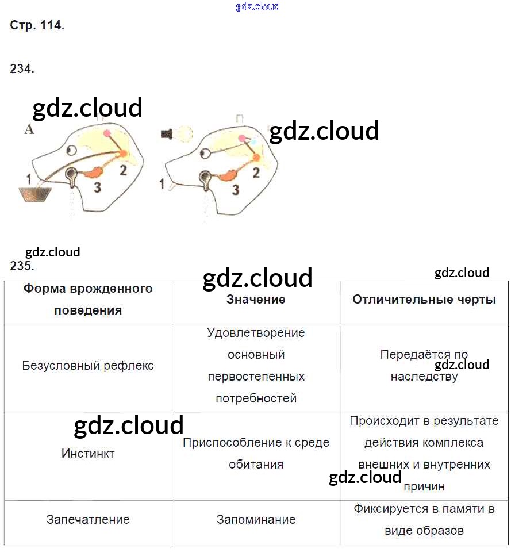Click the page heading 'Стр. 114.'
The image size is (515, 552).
[37, 26]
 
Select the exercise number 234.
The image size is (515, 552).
[22, 69]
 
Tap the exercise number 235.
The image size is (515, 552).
[22, 266]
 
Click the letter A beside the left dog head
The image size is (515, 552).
[29, 130]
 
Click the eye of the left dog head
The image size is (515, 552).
[71, 151]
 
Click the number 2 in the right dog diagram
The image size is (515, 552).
[256, 171]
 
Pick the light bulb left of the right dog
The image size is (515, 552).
[184, 134]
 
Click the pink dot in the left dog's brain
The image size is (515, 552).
[107, 133]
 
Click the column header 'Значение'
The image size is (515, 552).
[256, 299]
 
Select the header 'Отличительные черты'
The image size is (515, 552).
[424, 299]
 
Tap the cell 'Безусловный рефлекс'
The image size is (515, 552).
[88, 366]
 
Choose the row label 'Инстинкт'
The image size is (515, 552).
[88, 453]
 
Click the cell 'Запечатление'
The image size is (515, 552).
[88, 520]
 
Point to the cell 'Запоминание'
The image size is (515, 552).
[256, 520]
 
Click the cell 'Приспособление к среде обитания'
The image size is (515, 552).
[256, 453]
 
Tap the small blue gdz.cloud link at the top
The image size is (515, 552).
[257, 6]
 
